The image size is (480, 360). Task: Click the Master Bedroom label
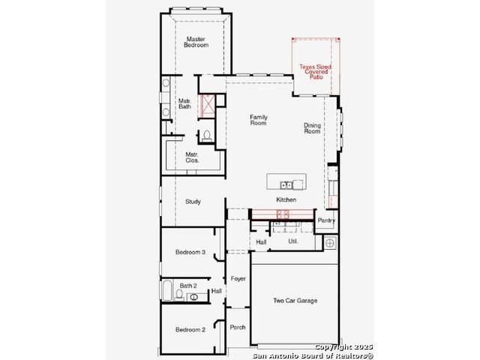tap(196, 42)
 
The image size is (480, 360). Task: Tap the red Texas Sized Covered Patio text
tap(316, 72)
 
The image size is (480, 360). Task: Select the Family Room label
tap(258, 120)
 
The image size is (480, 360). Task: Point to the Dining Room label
tap(312, 128)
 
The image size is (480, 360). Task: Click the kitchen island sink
tap(286, 185)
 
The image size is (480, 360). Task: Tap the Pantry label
tap(326, 220)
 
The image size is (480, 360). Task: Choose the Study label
tap(193, 202)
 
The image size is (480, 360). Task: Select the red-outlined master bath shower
tap(207, 106)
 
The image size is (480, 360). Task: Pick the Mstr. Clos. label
tap(192, 157)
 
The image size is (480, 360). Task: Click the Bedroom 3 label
tap(190, 252)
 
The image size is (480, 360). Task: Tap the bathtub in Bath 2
tap(166, 290)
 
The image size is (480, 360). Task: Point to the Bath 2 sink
tap(193, 297)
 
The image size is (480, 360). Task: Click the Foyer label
tap(238, 279)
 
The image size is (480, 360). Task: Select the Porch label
tap(238, 327)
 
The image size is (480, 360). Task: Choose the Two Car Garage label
tap(295, 301)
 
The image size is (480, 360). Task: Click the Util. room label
tap(293, 241)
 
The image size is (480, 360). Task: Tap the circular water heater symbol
tap(330, 243)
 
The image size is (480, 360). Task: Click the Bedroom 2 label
tap(190, 330)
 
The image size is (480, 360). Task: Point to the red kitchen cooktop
tap(283, 214)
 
